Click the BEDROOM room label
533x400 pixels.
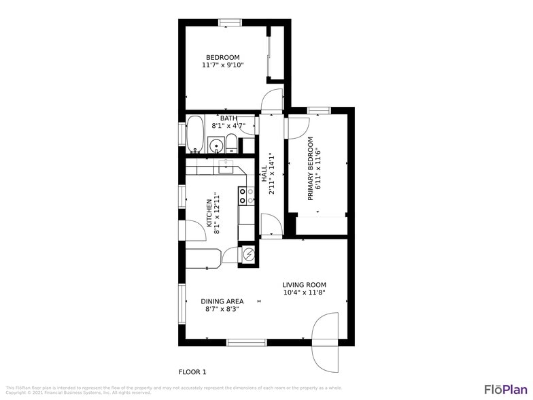(222, 56)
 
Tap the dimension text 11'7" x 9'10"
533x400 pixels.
(222, 65)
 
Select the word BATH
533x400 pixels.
(228, 118)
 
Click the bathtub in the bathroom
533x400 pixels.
(195, 135)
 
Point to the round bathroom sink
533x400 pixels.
(217, 145)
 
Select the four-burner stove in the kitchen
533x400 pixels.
(243, 196)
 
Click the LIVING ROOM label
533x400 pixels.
(304, 285)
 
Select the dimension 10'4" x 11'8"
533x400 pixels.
(304, 293)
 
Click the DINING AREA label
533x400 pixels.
(222, 301)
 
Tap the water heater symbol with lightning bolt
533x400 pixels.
(249, 254)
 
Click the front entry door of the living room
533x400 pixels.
(324, 342)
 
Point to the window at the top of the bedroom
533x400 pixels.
(230, 22)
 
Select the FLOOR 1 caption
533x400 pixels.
(192, 372)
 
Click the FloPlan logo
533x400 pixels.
(505, 389)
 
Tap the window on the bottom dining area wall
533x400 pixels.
(246, 342)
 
